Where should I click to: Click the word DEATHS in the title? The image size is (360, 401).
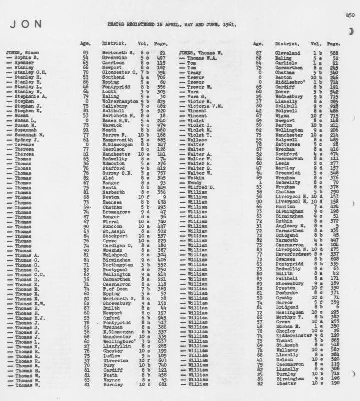(115, 24)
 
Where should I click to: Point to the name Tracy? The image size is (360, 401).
(193, 72)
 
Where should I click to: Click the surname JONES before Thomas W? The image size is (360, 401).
(188, 53)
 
